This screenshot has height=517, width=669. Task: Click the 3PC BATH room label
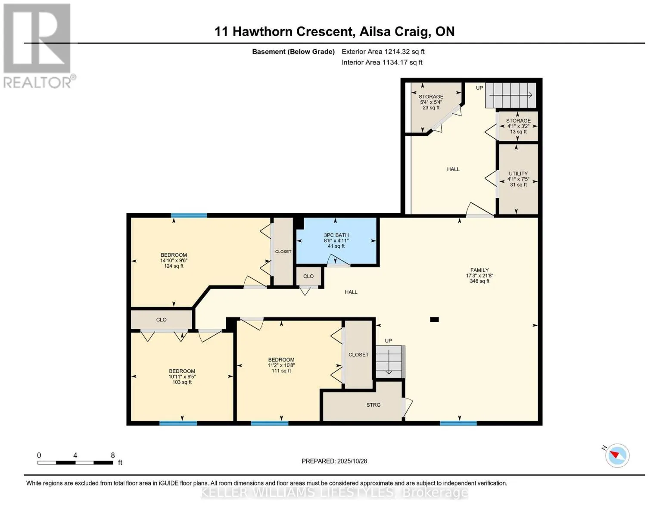[336, 236]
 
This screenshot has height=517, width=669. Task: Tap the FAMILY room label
[479, 270]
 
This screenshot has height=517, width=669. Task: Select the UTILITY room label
[518, 174]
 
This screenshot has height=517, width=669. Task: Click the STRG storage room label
[373, 405]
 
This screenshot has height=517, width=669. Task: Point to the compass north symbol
[617, 455]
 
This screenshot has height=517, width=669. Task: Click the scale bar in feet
[75, 463]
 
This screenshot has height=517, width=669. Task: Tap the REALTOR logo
[37, 45]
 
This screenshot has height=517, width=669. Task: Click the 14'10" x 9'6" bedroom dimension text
[174, 261]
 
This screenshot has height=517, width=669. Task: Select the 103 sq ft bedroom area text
[182, 382]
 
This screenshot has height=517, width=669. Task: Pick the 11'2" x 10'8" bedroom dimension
[281, 365]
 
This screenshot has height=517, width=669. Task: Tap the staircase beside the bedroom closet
[389, 361]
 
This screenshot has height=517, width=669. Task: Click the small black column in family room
[434, 320]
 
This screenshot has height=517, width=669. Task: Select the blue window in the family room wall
[458, 423]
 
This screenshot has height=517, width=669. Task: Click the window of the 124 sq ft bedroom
[189, 215]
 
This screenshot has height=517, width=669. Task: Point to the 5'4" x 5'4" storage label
[431, 102]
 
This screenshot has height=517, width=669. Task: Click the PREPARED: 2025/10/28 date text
[334, 461]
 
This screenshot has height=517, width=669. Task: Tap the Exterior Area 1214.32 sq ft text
[383, 52]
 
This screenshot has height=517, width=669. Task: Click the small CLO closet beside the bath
[308, 276]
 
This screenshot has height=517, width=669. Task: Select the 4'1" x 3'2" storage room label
[518, 126]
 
